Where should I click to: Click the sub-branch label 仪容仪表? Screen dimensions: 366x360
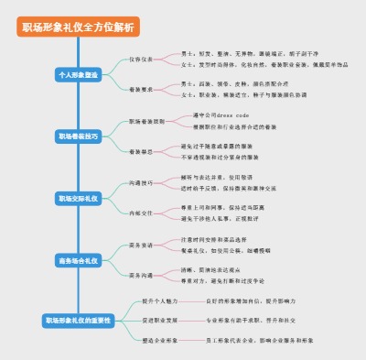(x=141, y=58)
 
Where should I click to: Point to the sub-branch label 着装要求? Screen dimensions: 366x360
(x=141, y=89)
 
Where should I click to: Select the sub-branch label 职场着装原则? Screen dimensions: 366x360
(x=146, y=120)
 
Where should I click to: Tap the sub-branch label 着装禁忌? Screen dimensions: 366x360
(x=141, y=151)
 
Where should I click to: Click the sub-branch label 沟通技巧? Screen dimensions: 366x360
(x=141, y=182)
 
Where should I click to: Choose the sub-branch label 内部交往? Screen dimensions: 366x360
(x=141, y=213)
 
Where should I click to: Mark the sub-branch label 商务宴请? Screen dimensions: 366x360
(x=141, y=245)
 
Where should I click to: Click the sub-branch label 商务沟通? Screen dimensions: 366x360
(x=141, y=276)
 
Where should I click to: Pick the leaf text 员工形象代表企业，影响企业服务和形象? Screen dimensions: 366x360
(x=260, y=340)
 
